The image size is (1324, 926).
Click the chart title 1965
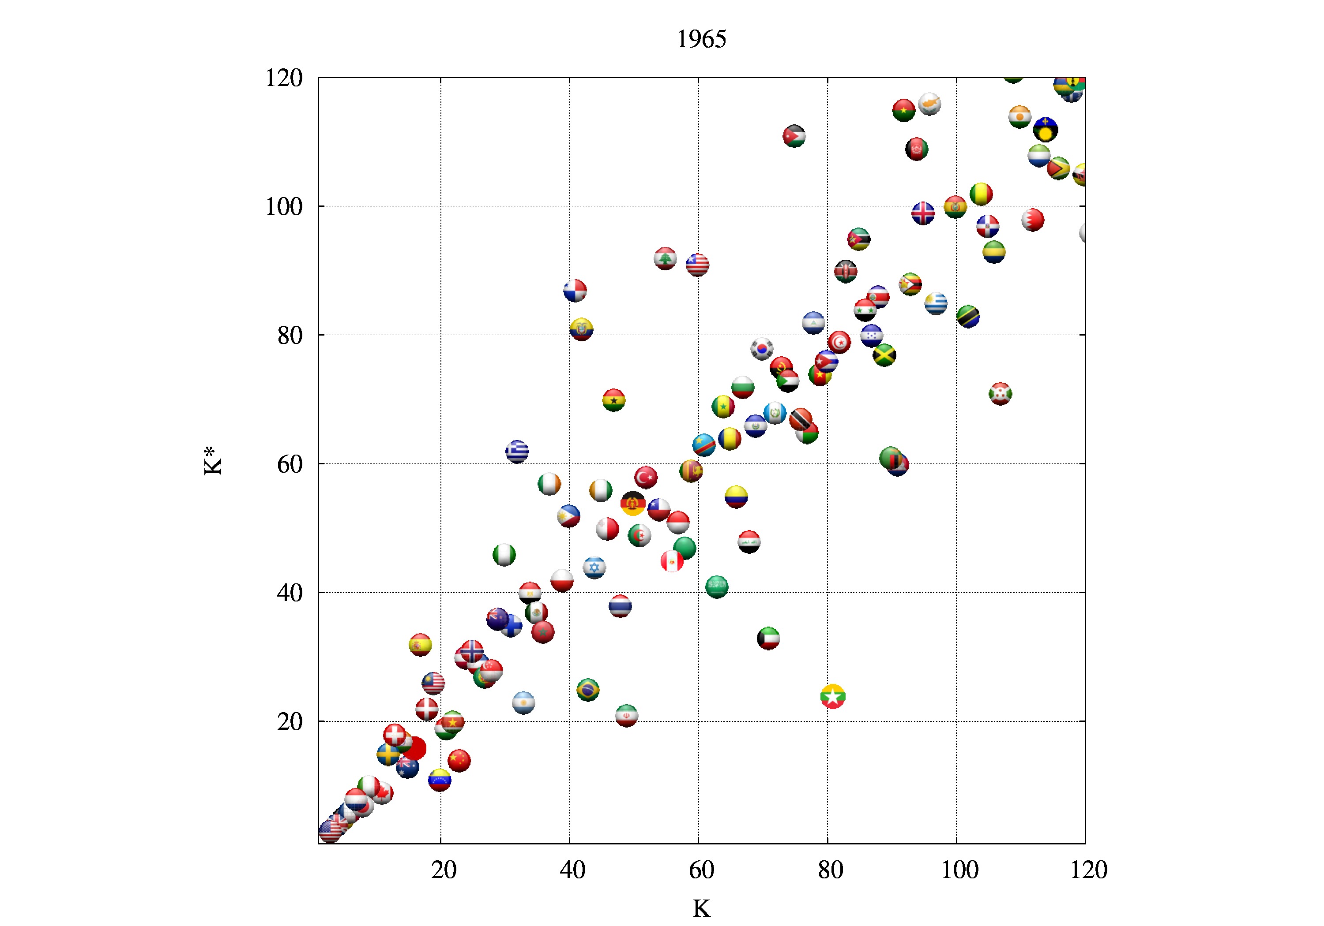coord(701,39)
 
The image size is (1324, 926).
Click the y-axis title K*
coord(212,461)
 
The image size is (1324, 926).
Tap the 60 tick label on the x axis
coord(701,870)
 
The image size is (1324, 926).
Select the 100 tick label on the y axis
coord(284,206)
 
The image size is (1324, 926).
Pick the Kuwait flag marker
coord(768,638)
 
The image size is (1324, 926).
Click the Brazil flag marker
coord(587,690)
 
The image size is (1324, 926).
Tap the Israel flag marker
coord(594,568)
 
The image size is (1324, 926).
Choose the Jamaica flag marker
coord(884,355)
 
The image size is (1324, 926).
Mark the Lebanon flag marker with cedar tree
coord(665,259)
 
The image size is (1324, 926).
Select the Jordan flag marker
coord(794,137)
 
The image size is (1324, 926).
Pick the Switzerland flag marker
coord(395,735)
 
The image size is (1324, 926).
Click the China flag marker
coord(459,761)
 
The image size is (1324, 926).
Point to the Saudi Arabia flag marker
coord(717,586)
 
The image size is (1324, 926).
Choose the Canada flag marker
coord(382,793)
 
